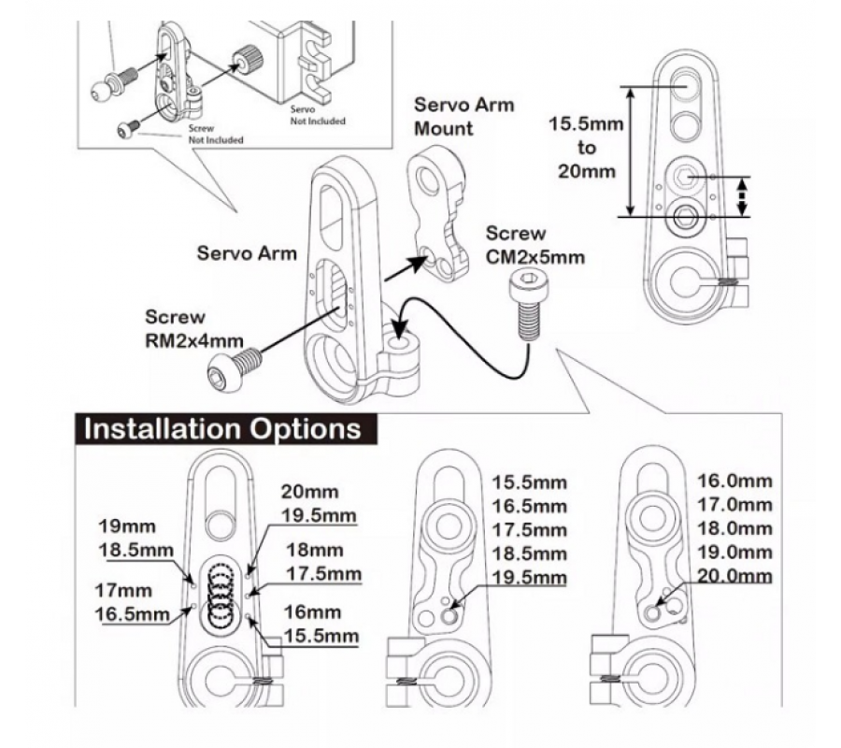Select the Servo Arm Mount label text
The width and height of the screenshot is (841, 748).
click(463, 115)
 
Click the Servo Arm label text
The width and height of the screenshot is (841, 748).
click(247, 252)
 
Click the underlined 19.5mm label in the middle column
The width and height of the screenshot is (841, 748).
click(530, 576)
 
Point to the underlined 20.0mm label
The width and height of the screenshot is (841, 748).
click(735, 575)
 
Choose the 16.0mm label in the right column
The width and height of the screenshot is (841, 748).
click(735, 482)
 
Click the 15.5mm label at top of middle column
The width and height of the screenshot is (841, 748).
click(530, 482)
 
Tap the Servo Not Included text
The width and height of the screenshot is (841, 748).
click(318, 115)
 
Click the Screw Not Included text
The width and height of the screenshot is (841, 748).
click(215, 133)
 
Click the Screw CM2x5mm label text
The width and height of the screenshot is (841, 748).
click(529, 245)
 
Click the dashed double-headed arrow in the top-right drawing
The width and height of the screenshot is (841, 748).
click(743, 195)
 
